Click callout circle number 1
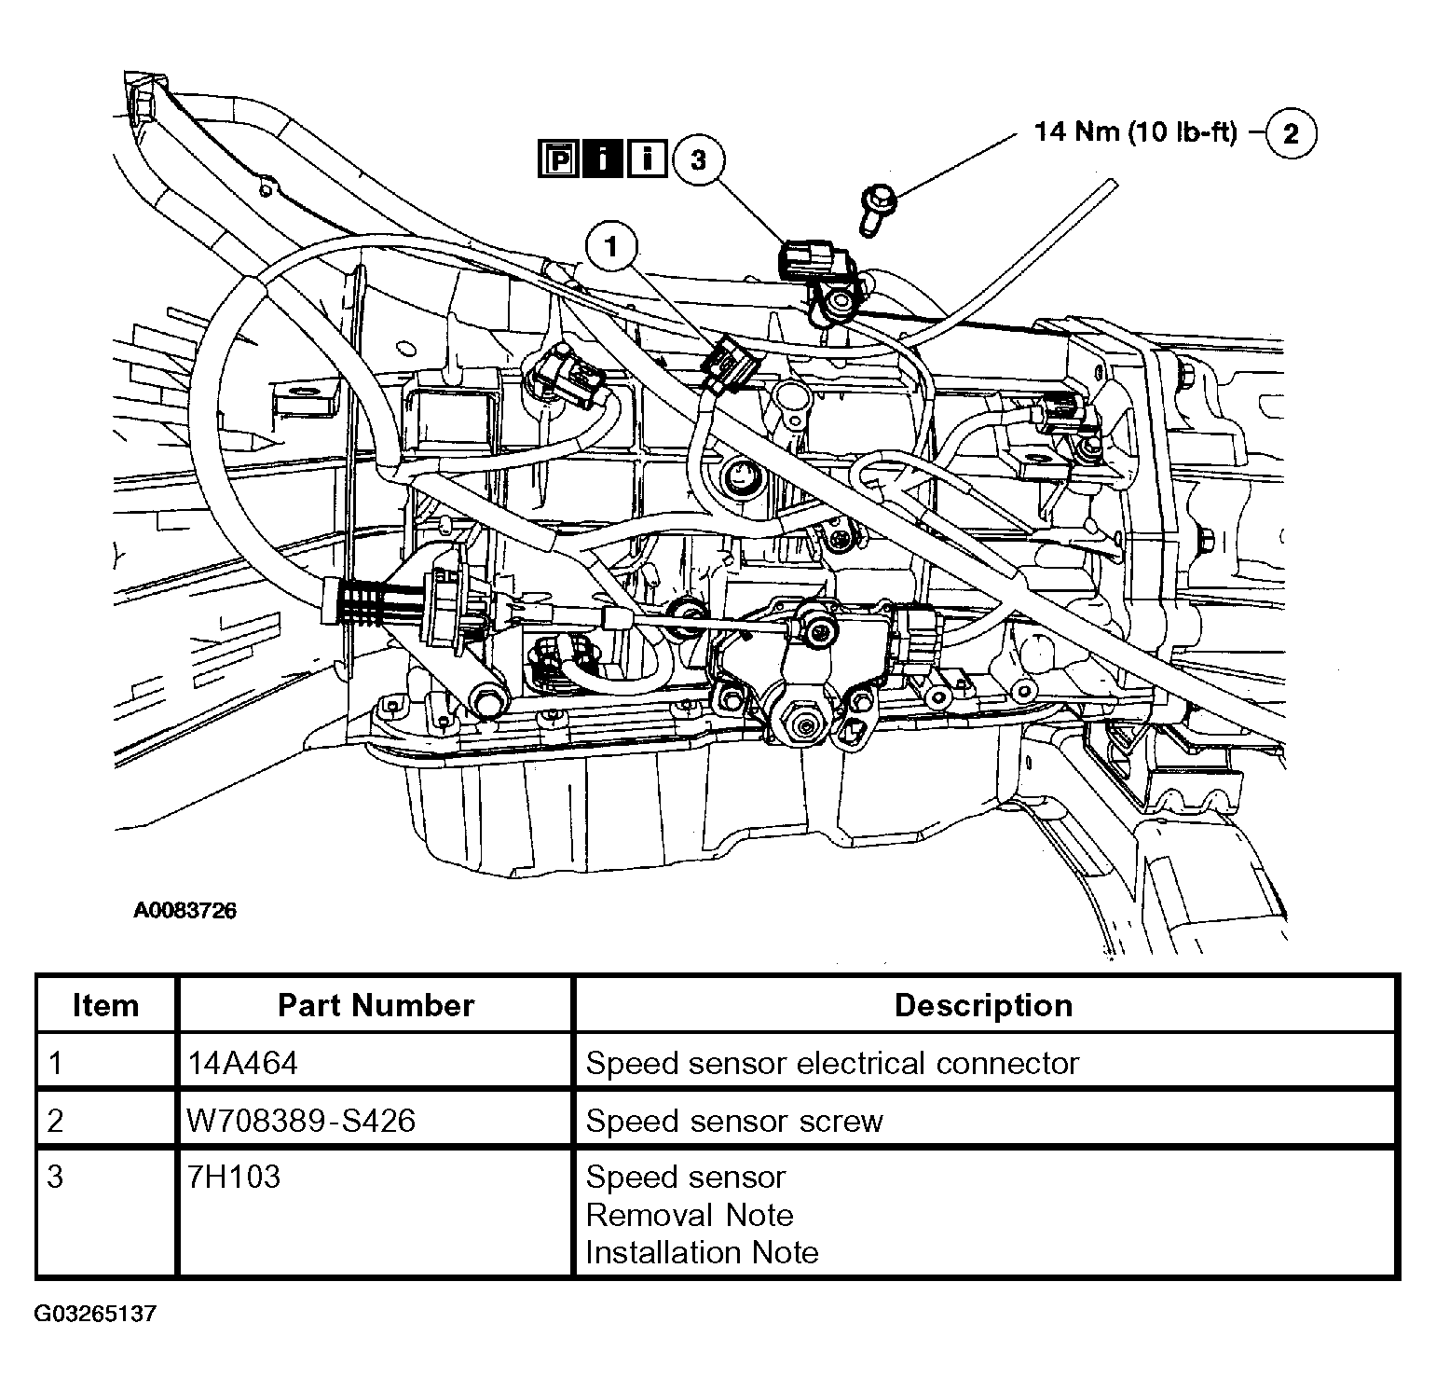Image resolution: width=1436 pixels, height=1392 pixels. [x=611, y=247]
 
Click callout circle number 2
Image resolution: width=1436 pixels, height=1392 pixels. [x=1290, y=133]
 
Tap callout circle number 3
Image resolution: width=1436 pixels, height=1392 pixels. [x=698, y=159]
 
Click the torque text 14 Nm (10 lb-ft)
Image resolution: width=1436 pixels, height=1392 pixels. [x=1135, y=131]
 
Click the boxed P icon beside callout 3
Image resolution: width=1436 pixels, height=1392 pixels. [x=556, y=159]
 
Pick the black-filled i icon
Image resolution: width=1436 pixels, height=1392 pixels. [x=603, y=159]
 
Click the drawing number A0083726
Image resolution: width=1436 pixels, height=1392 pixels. [x=185, y=911]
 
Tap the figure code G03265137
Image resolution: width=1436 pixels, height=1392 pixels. [x=96, y=1315]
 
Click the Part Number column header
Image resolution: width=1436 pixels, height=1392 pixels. [x=376, y=1005]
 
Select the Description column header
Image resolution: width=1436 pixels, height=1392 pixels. [x=983, y=1005]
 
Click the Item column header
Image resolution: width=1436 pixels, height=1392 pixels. [x=105, y=1005]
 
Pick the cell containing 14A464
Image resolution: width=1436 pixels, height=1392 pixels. [x=243, y=1063]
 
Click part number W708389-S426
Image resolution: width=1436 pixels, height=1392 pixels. [x=301, y=1120]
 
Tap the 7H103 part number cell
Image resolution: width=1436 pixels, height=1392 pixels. [x=234, y=1178]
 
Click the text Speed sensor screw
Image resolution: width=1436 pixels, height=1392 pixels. [x=734, y=1121]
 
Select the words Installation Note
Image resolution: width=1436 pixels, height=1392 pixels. [x=702, y=1252]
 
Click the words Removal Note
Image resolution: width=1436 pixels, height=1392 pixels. [x=690, y=1215]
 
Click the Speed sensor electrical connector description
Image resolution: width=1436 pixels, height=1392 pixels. [x=832, y=1063]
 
